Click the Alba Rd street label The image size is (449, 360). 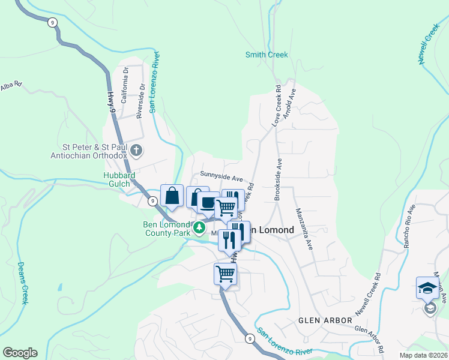[11, 86]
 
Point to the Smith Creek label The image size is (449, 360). [267, 55]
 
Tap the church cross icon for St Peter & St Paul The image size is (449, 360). [136, 149]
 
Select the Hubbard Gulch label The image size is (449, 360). [119, 179]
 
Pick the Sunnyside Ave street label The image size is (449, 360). [221, 179]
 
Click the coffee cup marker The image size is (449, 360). [208, 203]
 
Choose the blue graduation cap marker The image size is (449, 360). [428, 288]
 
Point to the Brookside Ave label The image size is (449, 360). [278, 179]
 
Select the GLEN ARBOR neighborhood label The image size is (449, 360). [325, 321]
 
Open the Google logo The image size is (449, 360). [20, 353]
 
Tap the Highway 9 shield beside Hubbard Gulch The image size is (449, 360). [154, 202]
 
